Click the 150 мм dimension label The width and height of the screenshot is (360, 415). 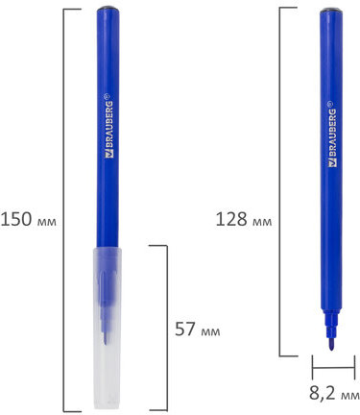pyautogui.click(x=29, y=220)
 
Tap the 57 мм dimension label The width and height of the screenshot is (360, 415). pyautogui.click(x=198, y=330)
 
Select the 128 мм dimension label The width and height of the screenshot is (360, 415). pyautogui.click(x=244, y=220)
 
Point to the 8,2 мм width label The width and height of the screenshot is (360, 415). pyautogui.click(x=334, y=393)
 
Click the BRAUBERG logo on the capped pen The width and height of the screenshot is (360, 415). pyautogui.click(x=109, y=126)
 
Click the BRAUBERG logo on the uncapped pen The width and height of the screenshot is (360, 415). pyautogui.click(x=332, y=134)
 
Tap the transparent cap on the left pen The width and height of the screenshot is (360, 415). pyautogui.click(x=108, y=328)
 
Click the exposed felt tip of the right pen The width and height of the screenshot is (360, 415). pyautogui.click(x=331, y=344)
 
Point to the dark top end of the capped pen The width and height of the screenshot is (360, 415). pyautogui.click(x=108, y=9)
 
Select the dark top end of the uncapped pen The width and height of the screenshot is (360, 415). pyautogui.click(x=331, y=11)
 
